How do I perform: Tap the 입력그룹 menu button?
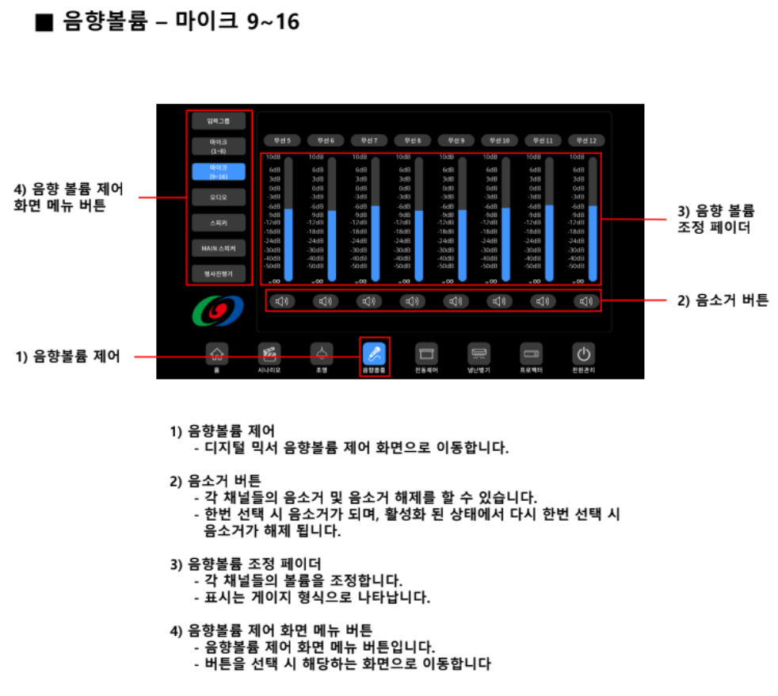[218, 121]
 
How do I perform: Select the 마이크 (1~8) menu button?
[218, 146]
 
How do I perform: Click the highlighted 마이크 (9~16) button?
[218, 172]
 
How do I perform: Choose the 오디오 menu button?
[218, 198]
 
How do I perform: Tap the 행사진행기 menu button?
[218, 274]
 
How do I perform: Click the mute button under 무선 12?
[585, 301]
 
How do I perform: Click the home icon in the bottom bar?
[215, 354]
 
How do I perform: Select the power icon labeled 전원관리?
[584, 354]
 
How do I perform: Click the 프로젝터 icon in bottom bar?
[531, 354]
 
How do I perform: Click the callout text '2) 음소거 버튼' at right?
[723, 300]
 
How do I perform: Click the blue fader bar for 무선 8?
[418, 246]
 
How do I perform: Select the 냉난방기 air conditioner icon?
[479, 354]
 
